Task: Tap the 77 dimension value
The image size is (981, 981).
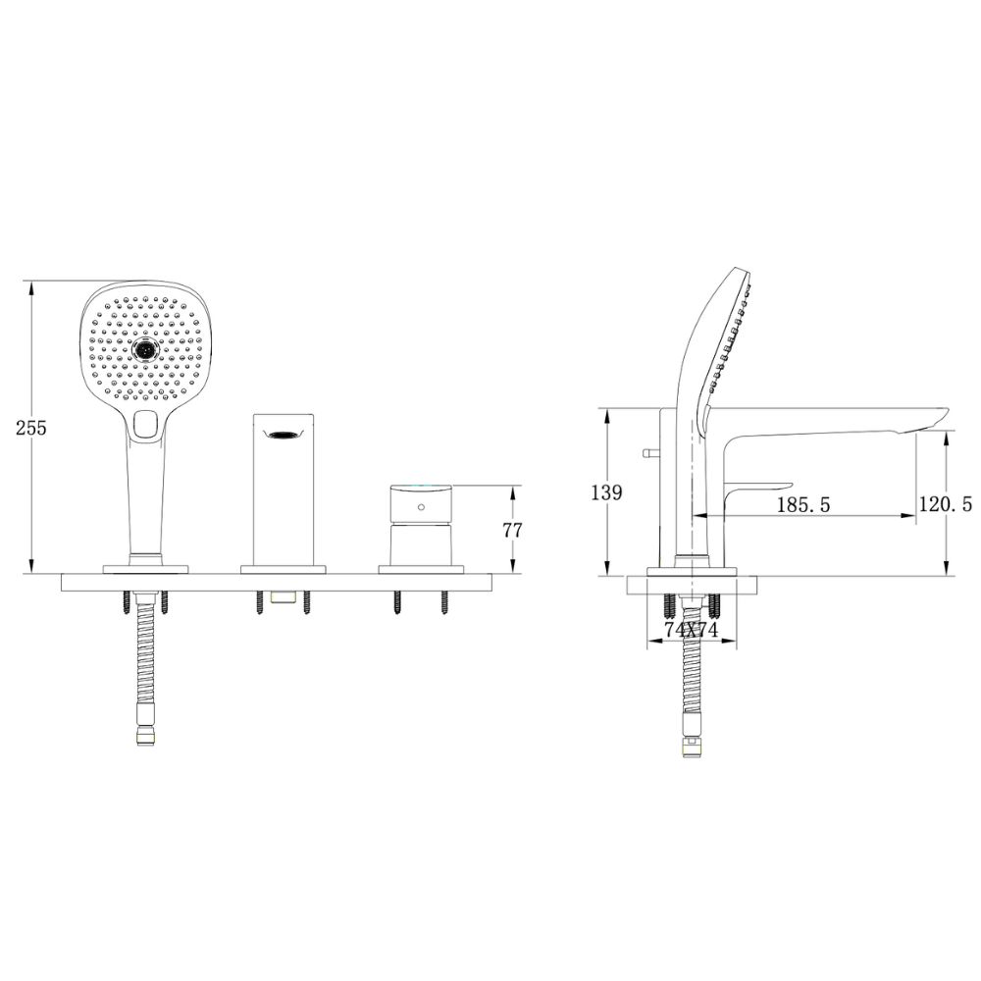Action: point(512,530)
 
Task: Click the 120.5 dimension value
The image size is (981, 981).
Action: point(948,504)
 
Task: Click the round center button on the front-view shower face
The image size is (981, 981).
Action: point(145,349)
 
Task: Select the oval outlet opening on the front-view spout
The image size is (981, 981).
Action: point(286,435)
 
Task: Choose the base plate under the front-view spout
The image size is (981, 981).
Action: point(284,568)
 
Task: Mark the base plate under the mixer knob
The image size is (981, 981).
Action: point(420,568)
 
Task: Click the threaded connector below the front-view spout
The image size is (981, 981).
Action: point(284,597)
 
